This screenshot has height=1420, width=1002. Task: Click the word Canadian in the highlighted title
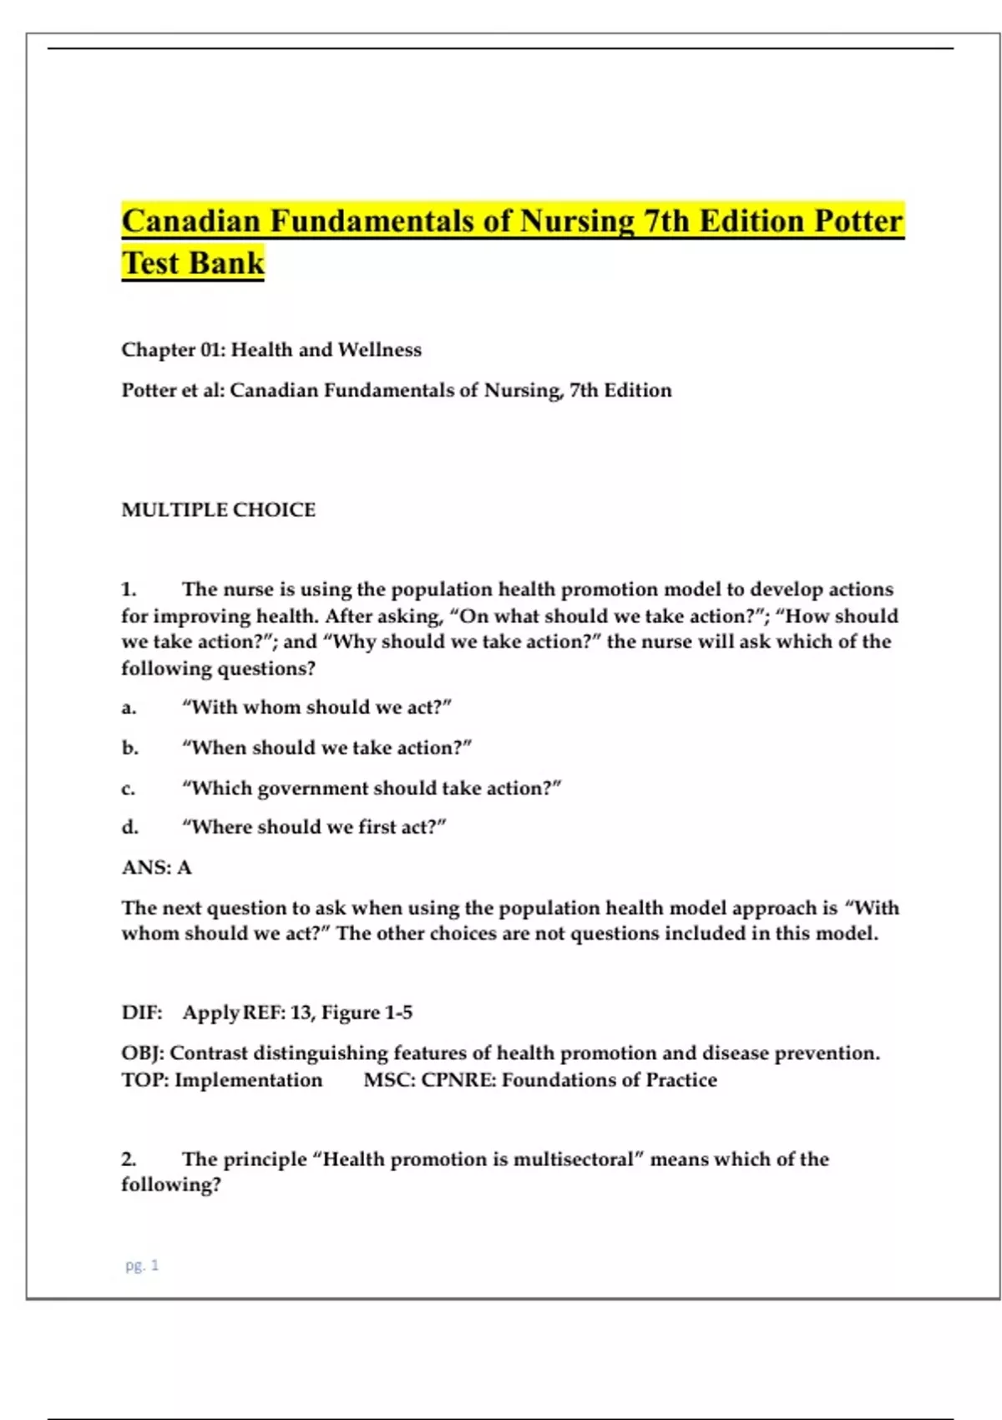[191, 221]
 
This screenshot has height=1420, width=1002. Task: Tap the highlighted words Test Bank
[193, 263]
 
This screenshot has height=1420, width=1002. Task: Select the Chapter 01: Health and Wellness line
[271, 349]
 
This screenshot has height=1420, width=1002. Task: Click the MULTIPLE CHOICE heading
[219, 510]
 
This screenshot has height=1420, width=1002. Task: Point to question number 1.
[129, 590]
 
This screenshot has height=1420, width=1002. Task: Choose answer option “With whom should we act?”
[317, 707]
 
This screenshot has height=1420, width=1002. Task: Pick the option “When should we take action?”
[327, 748]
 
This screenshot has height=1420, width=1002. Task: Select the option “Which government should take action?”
[372, 788]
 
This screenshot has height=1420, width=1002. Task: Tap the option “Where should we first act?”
[314, 827]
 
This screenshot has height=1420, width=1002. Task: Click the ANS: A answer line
[157, 867]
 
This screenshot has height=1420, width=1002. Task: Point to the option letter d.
[129, 827]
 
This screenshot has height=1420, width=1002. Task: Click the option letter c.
[128, 788]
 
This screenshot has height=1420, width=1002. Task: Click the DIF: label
[142, 1012]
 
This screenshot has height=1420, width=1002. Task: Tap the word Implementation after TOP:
[248, 1080]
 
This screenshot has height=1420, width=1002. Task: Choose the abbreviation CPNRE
[458, 1080]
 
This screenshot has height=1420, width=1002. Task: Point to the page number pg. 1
[142, 1265]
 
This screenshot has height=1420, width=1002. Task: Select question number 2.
[129, 1159]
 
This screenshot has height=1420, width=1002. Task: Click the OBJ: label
[142, 1053]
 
